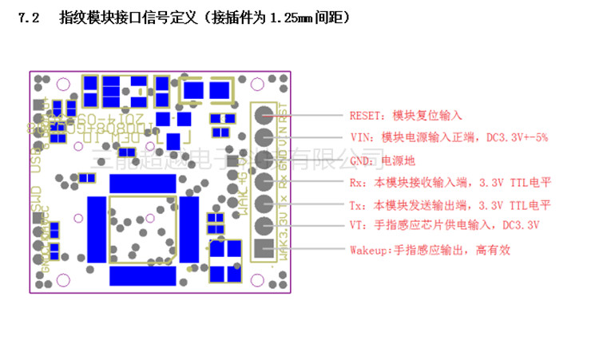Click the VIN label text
(361, 137)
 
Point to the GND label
(361, 160)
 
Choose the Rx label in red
(357, 183)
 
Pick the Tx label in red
(357, 205)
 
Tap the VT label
(357, 226)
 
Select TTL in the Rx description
(521, 183)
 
